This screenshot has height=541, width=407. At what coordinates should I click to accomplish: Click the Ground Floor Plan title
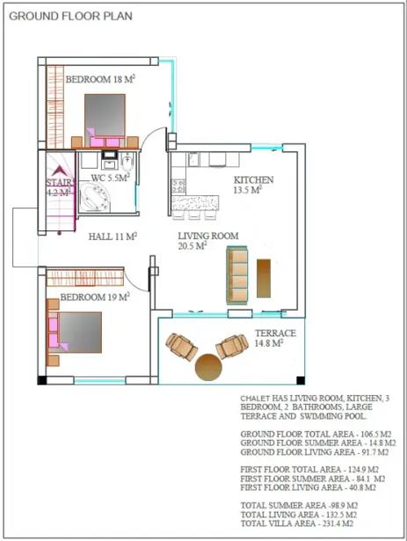(70, 16)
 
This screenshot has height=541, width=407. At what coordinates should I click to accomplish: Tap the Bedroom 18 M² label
(100, 79)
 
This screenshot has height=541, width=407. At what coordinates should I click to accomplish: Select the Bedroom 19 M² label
(95, 296)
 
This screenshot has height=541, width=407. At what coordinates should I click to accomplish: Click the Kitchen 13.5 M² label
(253, 185)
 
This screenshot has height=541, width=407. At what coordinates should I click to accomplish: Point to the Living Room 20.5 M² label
(208, 241)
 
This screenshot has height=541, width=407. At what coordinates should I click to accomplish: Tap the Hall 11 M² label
(113, 237)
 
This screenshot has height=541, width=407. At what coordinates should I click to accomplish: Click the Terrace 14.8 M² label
(275, 338)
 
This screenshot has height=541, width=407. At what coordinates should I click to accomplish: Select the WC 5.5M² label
(111, 178)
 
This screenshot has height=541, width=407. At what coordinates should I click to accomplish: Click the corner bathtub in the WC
(95, 197)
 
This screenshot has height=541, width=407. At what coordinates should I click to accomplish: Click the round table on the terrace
(208, 368)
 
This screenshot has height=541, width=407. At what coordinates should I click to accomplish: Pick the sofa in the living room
(237, 275)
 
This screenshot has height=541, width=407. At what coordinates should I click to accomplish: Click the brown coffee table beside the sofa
(264, 278)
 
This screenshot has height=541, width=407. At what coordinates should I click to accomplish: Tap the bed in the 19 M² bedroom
(75, 332)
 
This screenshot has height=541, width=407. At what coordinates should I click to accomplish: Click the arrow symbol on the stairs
(59, 171)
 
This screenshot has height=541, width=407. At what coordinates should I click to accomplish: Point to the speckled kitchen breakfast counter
(195, 203)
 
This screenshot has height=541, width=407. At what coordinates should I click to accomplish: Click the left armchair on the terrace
(181, 347)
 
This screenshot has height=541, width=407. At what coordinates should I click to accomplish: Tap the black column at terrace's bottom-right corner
(301, 380)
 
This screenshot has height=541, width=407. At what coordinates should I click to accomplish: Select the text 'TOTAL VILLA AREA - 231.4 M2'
(296, 523)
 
